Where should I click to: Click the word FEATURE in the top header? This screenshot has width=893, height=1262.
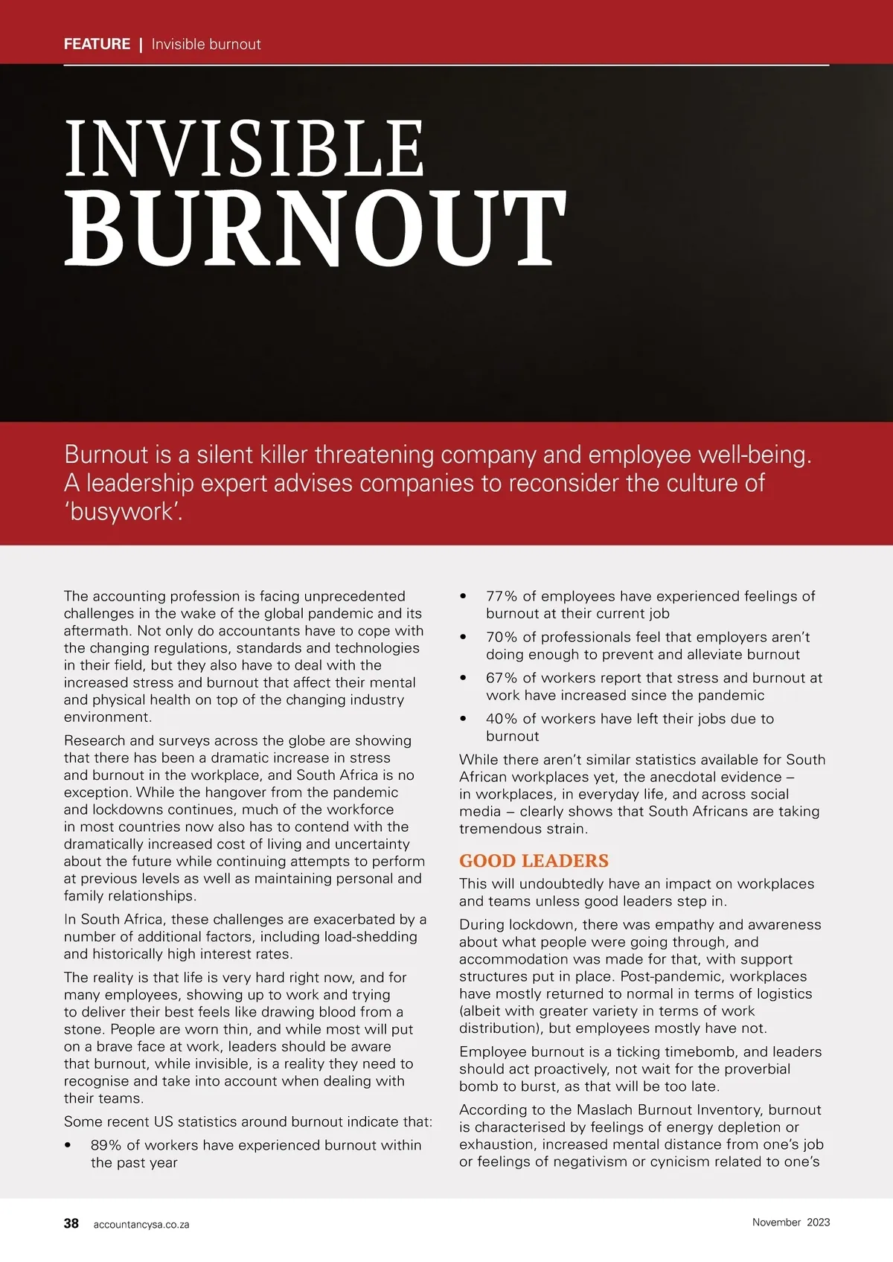[97, 44]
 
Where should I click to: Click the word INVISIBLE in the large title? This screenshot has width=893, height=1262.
[244, 149]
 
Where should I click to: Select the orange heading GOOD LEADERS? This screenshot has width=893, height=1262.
[534, 861]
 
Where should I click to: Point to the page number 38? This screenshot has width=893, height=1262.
[71, 1223]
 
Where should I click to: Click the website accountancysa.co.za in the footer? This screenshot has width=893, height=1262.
[141, 1224]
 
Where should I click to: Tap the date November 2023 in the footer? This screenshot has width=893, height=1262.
[790, 1222]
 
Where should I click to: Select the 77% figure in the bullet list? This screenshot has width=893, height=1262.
[502, 596]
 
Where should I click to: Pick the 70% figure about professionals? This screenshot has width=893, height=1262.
[502, 637]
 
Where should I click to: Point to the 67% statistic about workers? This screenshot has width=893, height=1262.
[502, 678]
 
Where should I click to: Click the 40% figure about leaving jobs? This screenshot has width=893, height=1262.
[502, 719]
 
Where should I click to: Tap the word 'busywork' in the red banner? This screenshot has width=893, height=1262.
[123, 512]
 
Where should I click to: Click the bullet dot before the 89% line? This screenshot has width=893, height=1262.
[68, 1145]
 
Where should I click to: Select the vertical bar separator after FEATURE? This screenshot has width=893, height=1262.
[141, 44]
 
